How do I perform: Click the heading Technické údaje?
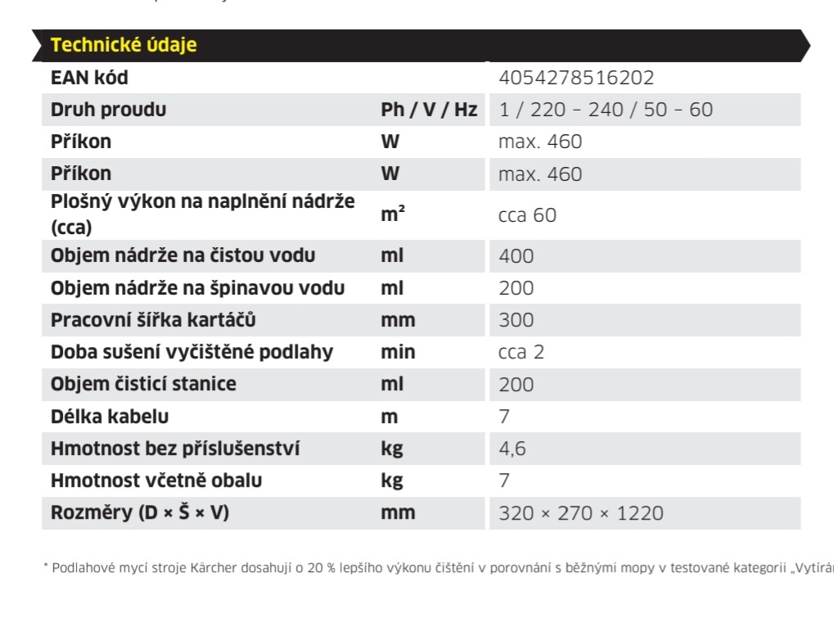(124, 45)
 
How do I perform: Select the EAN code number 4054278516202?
(576, 78)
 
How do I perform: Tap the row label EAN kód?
(89, 78)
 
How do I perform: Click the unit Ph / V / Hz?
(429, 110)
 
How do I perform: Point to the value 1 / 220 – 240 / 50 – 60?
(606, 110)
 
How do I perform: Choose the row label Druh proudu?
(108, 110)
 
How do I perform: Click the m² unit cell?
(393, 214)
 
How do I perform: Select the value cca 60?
(527, 215)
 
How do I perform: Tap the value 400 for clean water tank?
(516, 256)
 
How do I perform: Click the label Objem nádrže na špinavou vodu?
(197, 288)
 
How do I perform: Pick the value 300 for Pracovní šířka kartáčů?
(516, 320)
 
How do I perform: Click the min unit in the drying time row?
(398, 352)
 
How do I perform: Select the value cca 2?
(521, 353)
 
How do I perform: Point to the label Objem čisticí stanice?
(143, 384)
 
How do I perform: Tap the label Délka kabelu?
(110, 417)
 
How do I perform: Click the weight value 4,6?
(512, 448)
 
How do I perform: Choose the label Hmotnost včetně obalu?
(156, 480)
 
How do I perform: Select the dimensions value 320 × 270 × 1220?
(580, 513)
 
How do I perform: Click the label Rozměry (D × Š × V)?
(139, 513)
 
